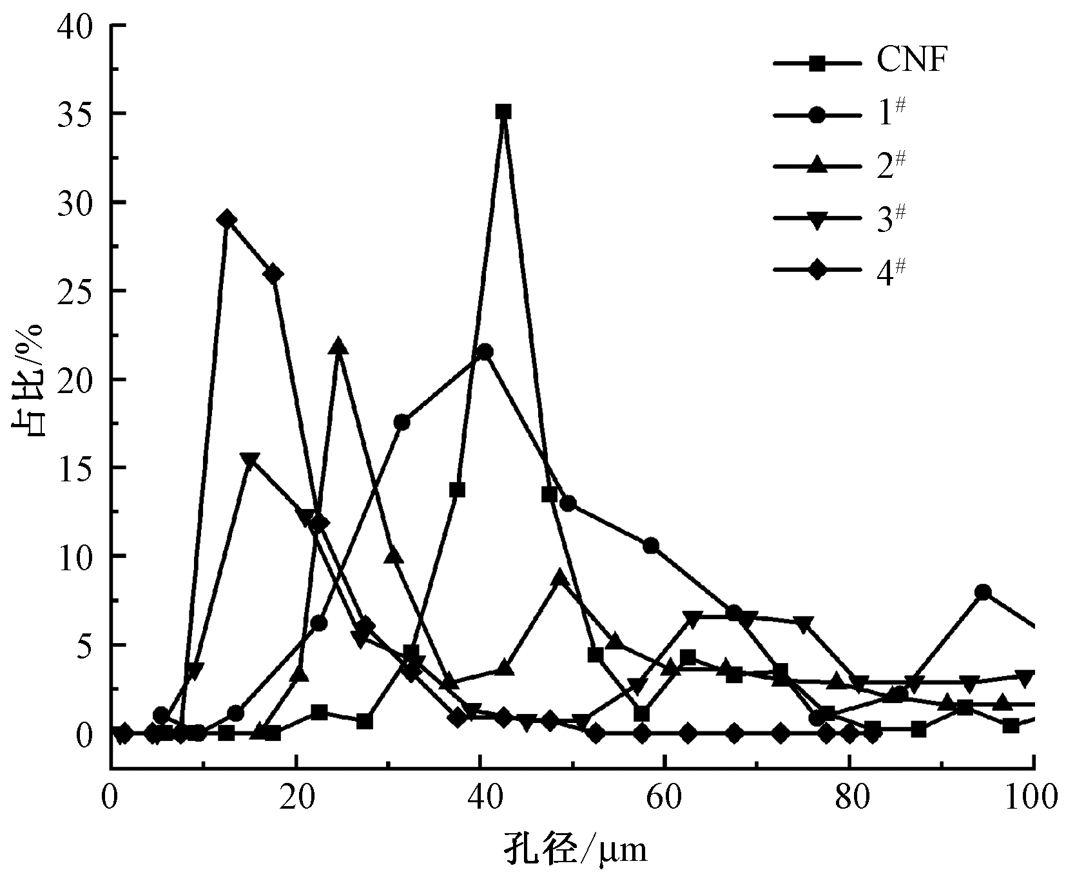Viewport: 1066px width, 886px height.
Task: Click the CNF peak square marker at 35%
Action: coord(503,111)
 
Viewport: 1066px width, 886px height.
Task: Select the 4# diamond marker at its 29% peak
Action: coord(226,220)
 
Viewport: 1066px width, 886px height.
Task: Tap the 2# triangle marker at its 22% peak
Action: coord(339,346)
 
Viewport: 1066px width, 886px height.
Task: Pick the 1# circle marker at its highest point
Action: coord(486,352)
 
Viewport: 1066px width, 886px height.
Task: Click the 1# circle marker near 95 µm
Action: coord(983,592)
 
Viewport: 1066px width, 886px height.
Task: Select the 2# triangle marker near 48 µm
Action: coord(560,577)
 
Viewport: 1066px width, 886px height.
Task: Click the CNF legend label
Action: coord(911,63)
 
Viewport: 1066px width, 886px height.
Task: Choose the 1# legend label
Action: coord(890,113)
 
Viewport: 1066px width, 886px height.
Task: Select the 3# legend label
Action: coord(890,218)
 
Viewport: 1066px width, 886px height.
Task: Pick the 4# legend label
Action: coord(890,271)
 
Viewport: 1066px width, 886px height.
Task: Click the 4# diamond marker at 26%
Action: coord(273,274)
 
